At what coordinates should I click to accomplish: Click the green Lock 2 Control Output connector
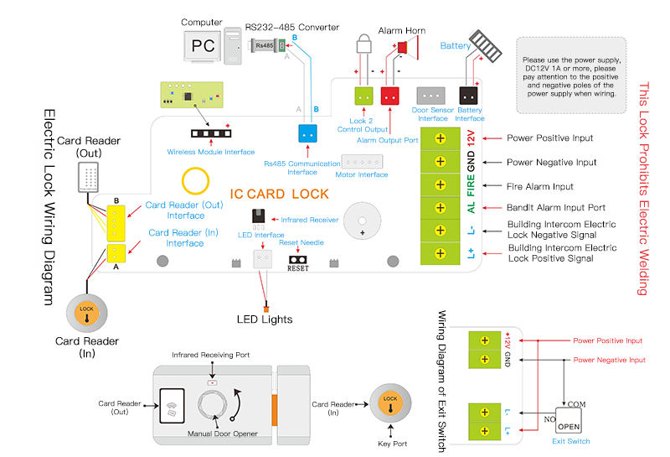tap(364, 96)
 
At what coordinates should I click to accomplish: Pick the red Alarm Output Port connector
tap(390, 96)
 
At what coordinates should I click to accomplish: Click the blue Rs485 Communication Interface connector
tap(308, 133)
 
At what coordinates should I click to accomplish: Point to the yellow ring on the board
tap(196, 180)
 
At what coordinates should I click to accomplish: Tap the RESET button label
tap(298, 268)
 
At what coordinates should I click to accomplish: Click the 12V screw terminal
tap(440, 138)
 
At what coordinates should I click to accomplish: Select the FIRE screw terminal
tap(440, 184)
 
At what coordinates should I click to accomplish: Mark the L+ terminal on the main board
tap(440, 252)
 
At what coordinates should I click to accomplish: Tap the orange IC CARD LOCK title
tap(279, 195)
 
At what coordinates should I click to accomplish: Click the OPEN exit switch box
tap(570, 418)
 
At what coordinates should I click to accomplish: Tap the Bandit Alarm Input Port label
tap(556, 207)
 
